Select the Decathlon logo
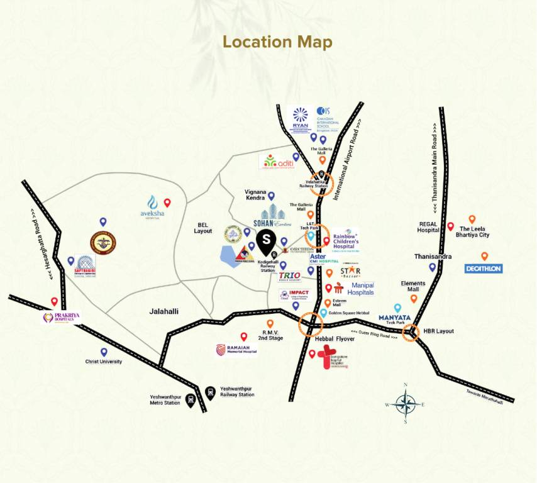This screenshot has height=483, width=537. [484, 269]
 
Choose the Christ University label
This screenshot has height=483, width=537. [104, 362]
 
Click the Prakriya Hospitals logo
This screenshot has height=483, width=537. [61, 318]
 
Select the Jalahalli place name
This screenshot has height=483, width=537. [165, 311]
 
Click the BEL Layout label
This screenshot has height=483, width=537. [203, 228]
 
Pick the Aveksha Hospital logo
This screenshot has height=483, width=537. [152, 206]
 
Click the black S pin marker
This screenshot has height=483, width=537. [267, 240]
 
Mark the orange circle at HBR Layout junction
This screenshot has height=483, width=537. [411, 333]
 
